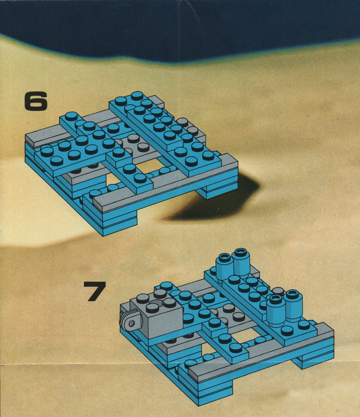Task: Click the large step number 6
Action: point(36,101)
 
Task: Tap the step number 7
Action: point(94,291)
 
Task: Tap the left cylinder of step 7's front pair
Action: point(276,311)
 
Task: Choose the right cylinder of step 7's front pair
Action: point(293,305)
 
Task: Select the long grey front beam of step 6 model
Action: point(165,184)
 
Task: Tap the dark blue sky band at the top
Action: point(180,27)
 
